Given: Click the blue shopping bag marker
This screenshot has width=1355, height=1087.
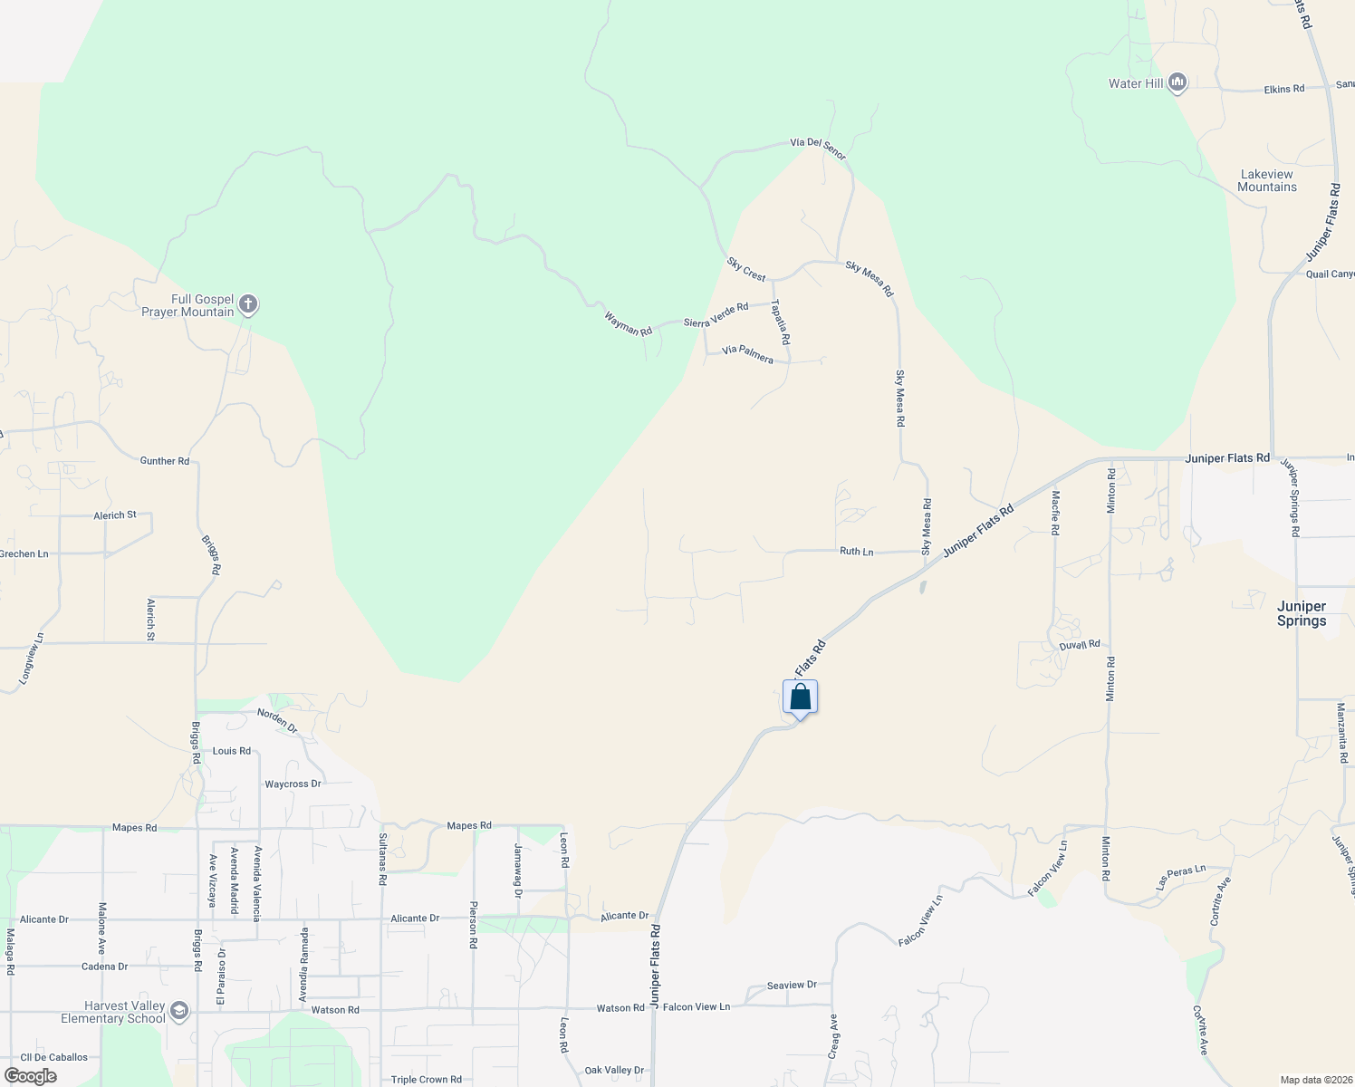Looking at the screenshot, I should (800, 697).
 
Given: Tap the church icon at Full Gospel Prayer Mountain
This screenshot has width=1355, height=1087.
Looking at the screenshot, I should (248, 305).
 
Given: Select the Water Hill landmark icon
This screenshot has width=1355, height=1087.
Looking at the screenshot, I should (1177, 83).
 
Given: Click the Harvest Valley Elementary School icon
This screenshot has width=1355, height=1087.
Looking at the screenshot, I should (179, 1012).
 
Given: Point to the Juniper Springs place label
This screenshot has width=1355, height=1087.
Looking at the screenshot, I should (1302, 613).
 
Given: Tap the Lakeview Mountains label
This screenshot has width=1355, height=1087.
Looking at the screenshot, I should (1267, 180).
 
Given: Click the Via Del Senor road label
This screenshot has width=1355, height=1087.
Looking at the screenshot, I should (818, 148).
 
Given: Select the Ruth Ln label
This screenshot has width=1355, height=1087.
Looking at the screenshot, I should (856, 552).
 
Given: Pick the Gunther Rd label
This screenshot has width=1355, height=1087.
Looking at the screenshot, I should (165, 461).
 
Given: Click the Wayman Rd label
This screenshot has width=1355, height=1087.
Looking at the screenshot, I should (629, 323).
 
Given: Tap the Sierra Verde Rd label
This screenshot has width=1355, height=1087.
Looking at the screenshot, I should (716, 314).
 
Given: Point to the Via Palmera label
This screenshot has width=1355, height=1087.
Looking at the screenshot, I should (747, 354).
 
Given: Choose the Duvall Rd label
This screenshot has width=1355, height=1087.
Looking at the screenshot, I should (1080, 645).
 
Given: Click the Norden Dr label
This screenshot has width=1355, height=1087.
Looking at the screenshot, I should (277, 720).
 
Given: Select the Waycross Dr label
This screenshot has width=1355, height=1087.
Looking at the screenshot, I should (293, 784).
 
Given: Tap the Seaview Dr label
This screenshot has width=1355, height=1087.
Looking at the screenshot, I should (792, 986).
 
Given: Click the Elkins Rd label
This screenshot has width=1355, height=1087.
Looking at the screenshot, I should (1283, 90).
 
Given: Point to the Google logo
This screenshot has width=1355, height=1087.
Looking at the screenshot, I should (31, 1076).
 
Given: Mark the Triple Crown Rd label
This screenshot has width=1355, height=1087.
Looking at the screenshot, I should (426, 1080).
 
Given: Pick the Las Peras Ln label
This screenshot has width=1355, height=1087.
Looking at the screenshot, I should (1181, 876).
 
